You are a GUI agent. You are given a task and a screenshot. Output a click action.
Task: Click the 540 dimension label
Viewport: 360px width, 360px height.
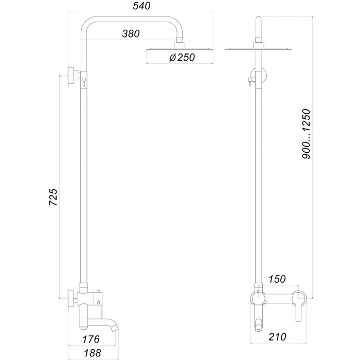click(141, 6)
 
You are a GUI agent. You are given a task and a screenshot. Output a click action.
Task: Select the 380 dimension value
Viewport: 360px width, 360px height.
click(131, 34)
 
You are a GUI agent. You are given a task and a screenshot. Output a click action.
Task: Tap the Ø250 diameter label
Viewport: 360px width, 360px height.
click(182, 58)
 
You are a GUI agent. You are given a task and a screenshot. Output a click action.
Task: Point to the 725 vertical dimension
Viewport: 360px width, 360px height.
click(53, 197)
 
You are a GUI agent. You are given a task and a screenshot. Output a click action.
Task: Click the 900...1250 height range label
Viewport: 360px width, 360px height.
click(306, 134)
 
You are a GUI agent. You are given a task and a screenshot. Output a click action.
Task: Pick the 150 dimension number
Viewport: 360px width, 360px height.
click(277, 279)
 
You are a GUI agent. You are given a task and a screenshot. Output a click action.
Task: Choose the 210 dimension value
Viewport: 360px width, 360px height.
click(278, 337)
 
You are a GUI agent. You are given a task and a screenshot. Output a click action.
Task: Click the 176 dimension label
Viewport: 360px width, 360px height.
click(91, 339)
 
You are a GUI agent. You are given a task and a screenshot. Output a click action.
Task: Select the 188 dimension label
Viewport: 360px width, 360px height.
click(92, 353)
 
